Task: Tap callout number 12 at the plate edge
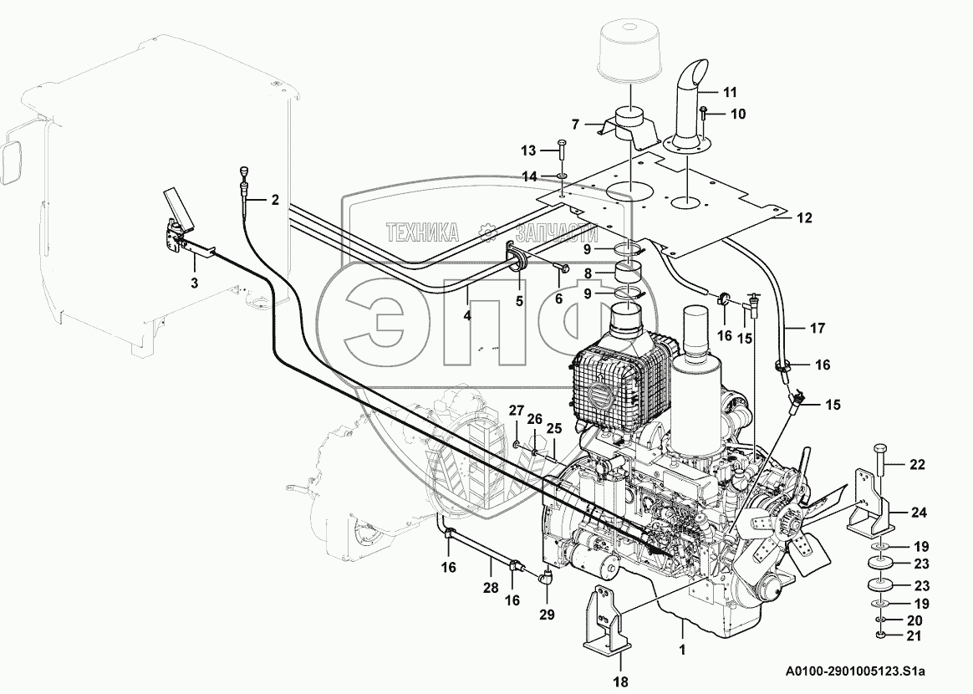click(x=804, y=219)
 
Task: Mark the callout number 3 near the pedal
click(x=194, y=283)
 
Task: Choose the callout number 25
click(x=553, y=428)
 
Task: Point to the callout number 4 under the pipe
click(x=467, y=317)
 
